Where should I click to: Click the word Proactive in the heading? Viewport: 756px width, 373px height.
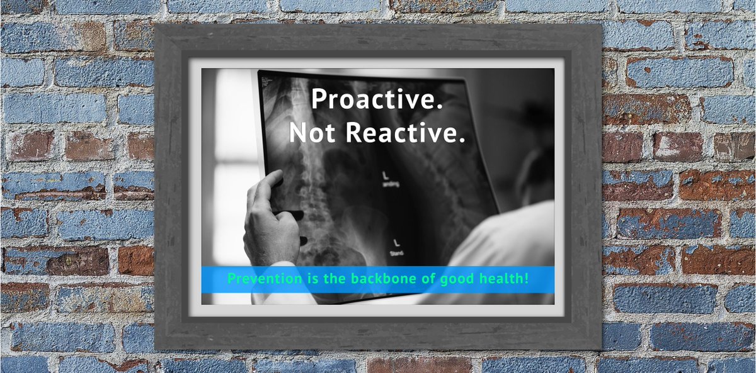[x=377, y=101]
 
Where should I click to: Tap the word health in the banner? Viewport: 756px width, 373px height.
[x=506, y=279]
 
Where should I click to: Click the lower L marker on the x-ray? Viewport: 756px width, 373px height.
[x=396, y=242]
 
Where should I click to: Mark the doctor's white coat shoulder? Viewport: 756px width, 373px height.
[x=504, y=239]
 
